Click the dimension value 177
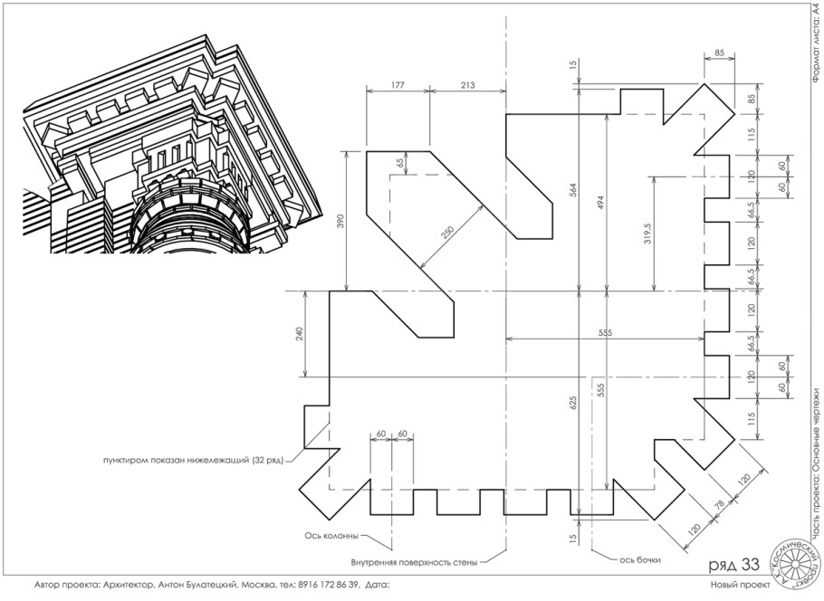click(x=398, y=84)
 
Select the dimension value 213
click(x=467, y=84)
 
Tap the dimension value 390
click(x=340, y=221)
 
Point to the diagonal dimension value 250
click(x=447, y=232)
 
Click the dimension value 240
click(x=299, y=334)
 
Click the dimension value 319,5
click(x=647, y=233)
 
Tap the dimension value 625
click(x=573, y=403)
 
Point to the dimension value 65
click(x=401, y=163)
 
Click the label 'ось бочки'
click(x=639, y=560)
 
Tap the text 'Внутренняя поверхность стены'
click(x=414, y=563)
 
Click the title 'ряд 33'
click(x=734, y=565)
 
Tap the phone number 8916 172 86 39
click(x=328, y=584)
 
